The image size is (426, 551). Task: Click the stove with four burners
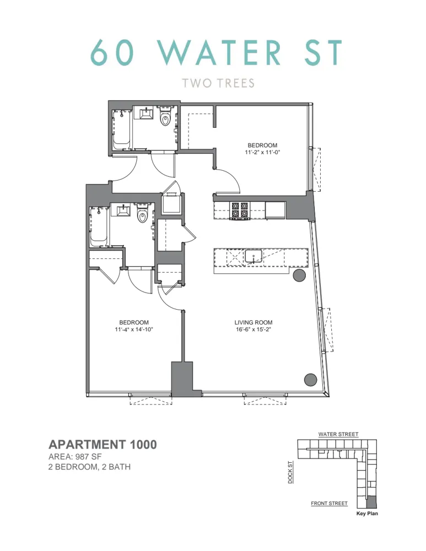click(239, 210)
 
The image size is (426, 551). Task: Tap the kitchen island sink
click(254, 256)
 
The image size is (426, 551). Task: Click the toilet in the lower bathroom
click(142, 215)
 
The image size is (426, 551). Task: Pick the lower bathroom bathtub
click(98, 226)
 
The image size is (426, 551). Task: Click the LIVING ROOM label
click(254, 323)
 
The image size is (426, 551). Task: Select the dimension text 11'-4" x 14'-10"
click(134, 330)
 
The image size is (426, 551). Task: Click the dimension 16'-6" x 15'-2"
click(254, 330)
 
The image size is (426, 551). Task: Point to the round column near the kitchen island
click(299, 275)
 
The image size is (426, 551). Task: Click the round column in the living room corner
click(310, 379)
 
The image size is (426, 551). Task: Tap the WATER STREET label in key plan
click(338, 435)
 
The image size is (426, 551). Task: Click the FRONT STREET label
click(329, 504)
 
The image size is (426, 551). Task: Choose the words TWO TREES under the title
click(219, 83)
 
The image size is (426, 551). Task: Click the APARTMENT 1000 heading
click(103, 445)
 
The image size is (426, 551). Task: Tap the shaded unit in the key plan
click(373, 503)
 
